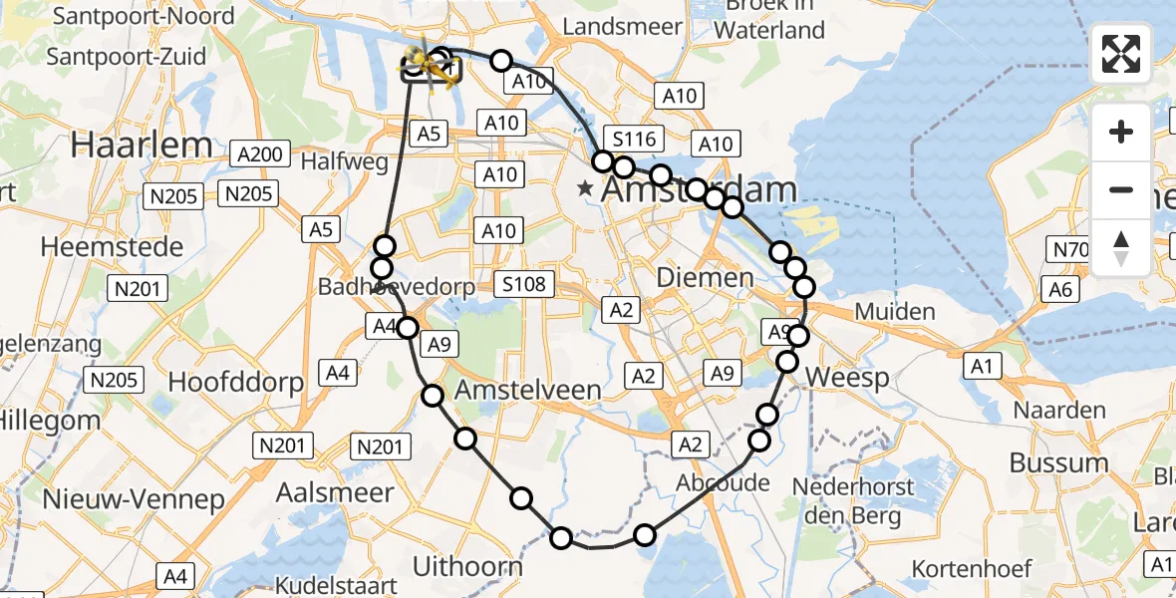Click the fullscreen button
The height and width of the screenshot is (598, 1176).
coord(1121,54)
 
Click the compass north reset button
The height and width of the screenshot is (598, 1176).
coord(1121,248)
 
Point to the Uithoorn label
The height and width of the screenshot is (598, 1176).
coord(467,567)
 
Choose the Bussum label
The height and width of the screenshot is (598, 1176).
coord(1058,462)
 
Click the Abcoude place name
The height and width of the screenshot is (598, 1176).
coord(723,483)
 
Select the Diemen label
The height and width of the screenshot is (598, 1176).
coord(705,276)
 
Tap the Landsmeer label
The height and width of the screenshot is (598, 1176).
coord(622,27)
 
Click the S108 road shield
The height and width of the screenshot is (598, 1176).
coord(523,285)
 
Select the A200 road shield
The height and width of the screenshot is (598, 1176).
coord(260,154)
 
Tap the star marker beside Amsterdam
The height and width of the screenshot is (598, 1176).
coord(586,187)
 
